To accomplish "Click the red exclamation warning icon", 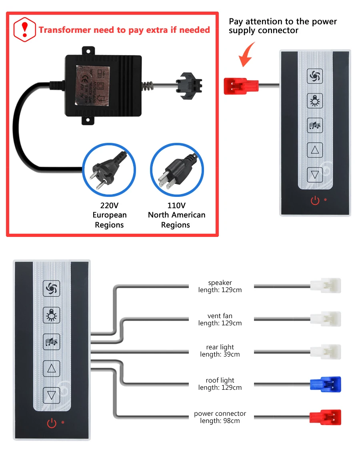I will tap(25, 29).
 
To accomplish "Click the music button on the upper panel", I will tap(314, 126).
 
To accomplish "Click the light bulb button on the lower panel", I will tap(51, 315).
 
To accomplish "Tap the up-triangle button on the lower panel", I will tap(51, 368).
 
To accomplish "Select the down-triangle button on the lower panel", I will tap(51, 395).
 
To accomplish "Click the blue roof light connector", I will tap(325, 384).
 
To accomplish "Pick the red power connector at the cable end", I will tap(325, 417).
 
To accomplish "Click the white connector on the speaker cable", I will tap(326, 286).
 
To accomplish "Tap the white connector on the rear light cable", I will tap(326, 351).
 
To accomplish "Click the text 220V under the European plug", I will tap(109, 206).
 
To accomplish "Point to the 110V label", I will tap(176, 206).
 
